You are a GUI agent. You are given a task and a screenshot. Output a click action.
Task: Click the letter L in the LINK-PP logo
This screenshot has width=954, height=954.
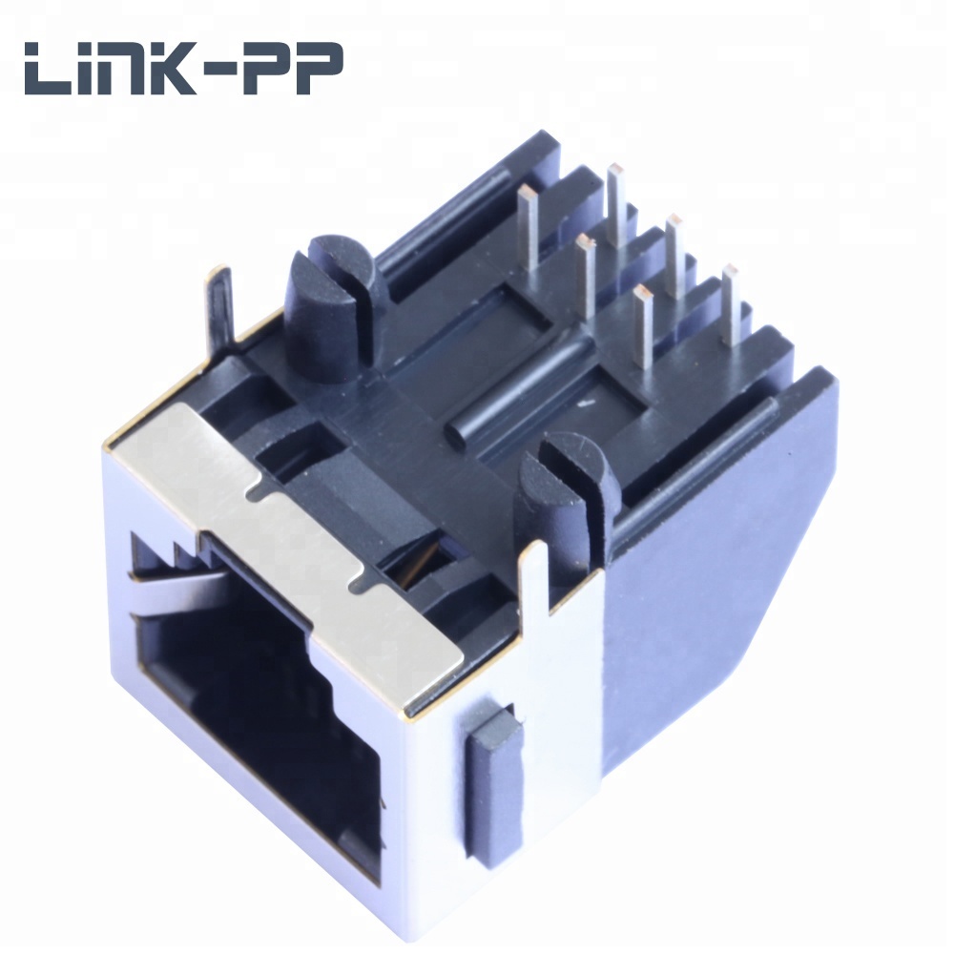(x=49, y=70)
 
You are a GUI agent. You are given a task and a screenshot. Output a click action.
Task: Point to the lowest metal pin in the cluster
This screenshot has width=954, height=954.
(x=642, y=326)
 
